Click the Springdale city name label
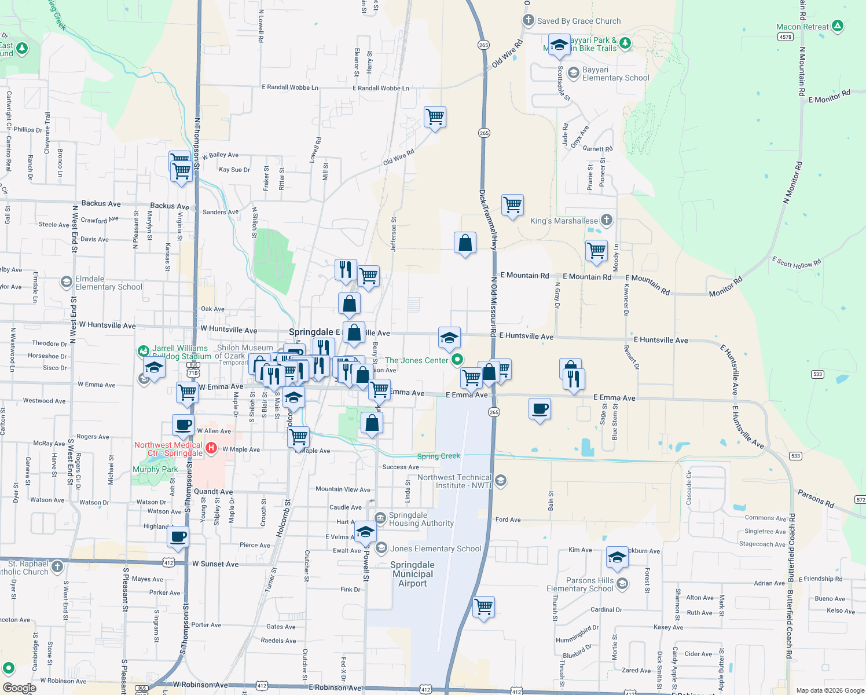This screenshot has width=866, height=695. (x=311, y=332)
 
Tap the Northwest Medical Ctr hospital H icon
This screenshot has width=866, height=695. (x=211, y=448)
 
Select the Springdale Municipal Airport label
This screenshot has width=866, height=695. (x=412, y=574)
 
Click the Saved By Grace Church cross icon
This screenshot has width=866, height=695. (x=528, y=20)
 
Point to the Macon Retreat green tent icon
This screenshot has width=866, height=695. (x=837, y=26)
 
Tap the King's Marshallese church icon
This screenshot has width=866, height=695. (x=606, y=220)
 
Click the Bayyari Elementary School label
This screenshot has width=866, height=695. (x=615, y=74)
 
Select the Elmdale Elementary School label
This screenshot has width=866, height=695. (x=108, y=283)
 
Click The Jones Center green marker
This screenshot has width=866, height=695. (x=457, y=360)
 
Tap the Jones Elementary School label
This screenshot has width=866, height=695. (x=435, y=548)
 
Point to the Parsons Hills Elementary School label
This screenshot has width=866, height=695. (x=580, y=584)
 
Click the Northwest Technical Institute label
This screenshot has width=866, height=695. (x=454, y=481)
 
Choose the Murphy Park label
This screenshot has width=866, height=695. (x=155, y=469)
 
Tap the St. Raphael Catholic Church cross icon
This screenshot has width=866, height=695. (x=57, y=566)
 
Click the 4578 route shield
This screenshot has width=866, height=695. (x=785, y=37)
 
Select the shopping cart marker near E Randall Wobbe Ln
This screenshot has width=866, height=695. (x=435, y=117)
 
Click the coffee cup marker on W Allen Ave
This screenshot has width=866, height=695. (x=183, y=425)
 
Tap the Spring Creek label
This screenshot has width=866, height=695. (x=438, y=456)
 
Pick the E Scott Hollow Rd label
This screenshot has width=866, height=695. (x=796, y=262)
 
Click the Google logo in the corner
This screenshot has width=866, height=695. (x=19, y=688)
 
